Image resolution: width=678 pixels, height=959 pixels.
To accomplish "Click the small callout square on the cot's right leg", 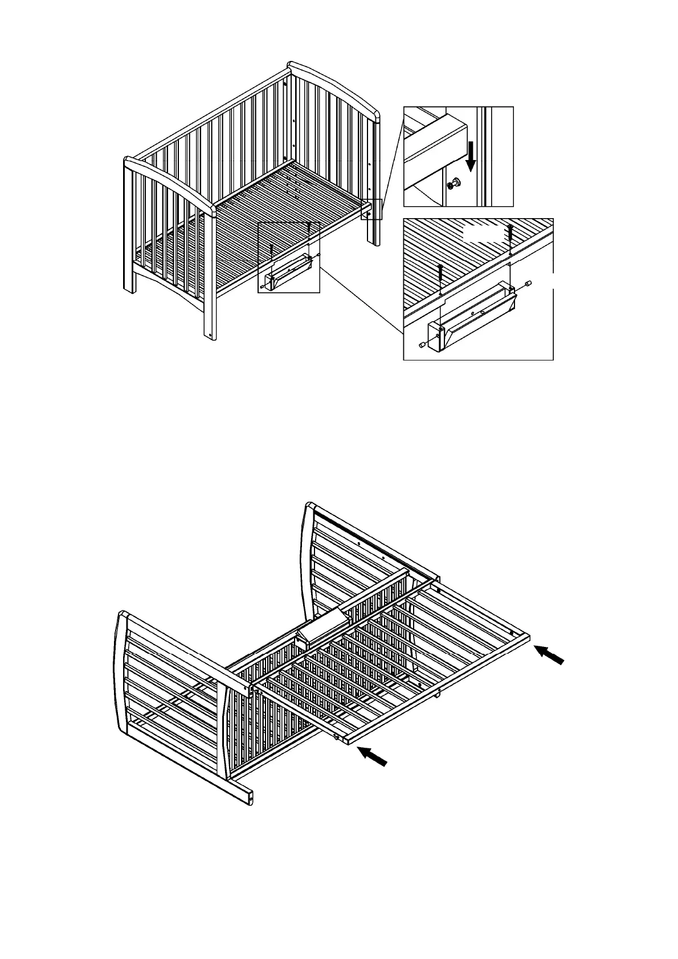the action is click(371, 209).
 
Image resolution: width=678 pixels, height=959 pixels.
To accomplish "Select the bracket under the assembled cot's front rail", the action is click(288, 273).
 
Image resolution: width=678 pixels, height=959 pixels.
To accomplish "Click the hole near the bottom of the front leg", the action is click(213, 335).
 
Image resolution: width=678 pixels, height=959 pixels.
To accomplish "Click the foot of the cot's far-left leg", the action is click(130, 288).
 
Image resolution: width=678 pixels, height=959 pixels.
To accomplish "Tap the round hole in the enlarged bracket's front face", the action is click(482, 312).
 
